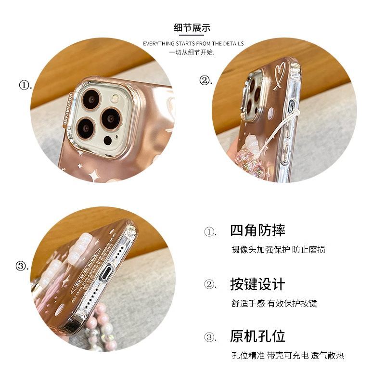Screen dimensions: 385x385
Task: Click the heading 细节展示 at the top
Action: pos(192,27)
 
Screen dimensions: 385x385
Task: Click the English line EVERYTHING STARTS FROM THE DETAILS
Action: pos(193,44)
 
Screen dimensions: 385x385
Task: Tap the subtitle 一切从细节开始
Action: pos(192,51)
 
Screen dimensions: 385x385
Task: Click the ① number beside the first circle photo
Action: pos(25,86)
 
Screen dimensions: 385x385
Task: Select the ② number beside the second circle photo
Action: pos(206,80)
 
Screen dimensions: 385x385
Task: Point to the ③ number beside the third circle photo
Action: pos(22,266)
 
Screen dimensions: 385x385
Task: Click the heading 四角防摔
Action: pos(257,230)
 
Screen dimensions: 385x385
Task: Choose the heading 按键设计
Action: pos(257,284)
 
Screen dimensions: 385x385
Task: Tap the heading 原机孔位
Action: pos(257,336)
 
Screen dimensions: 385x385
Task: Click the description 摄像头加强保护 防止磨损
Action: pos(278,250)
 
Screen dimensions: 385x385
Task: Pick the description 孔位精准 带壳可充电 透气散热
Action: pos(287,356)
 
